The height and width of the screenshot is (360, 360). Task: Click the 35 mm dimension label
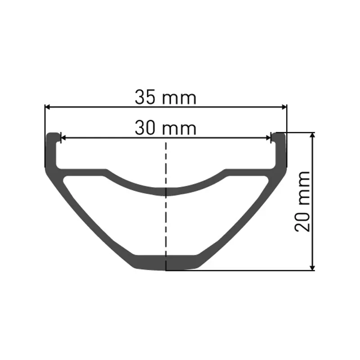pos(166,98)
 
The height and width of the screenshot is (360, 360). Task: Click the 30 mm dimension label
pos(166,129)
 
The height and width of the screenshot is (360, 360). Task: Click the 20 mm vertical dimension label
pos(302,201)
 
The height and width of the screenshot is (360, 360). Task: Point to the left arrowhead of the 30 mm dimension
pos(63,138)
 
